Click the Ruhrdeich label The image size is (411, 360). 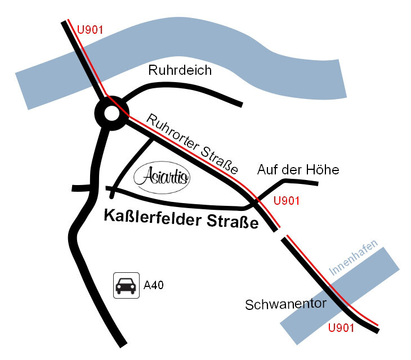point(180,70)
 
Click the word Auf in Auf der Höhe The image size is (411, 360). point(267,169)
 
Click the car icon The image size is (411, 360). point(126,285)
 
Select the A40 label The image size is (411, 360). point(154,285)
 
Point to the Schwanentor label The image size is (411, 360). point(286,304)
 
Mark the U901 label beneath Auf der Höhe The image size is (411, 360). point(285,201)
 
